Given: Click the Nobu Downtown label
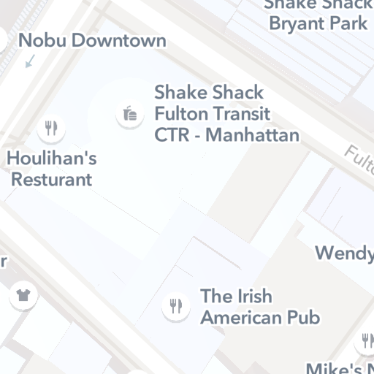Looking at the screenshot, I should [x=92, y=40].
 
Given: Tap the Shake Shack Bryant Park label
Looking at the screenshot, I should [x=318, y=15].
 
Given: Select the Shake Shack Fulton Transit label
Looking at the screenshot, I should [x=226, y=114].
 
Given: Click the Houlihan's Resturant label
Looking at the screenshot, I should [x=51, y=168].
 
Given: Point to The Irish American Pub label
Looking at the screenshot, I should [x=260, y=307].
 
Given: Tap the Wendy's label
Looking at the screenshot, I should [x=344, y=253].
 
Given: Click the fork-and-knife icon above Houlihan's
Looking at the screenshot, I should [x=51, y=129].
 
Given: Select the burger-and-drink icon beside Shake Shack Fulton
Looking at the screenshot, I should [x=129, y=114].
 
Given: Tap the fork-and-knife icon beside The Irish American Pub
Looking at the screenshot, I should [x=175, y=305].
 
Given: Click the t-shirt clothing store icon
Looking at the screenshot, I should [x=23, y=296].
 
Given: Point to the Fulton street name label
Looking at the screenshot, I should [x=359, y=157].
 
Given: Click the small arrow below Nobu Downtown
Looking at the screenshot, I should [x=29, y=63].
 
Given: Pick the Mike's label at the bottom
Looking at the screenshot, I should [x=340, y=367].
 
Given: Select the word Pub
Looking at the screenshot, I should [x=302, y=318].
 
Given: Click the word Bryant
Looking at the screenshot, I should [x=297, y=23].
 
